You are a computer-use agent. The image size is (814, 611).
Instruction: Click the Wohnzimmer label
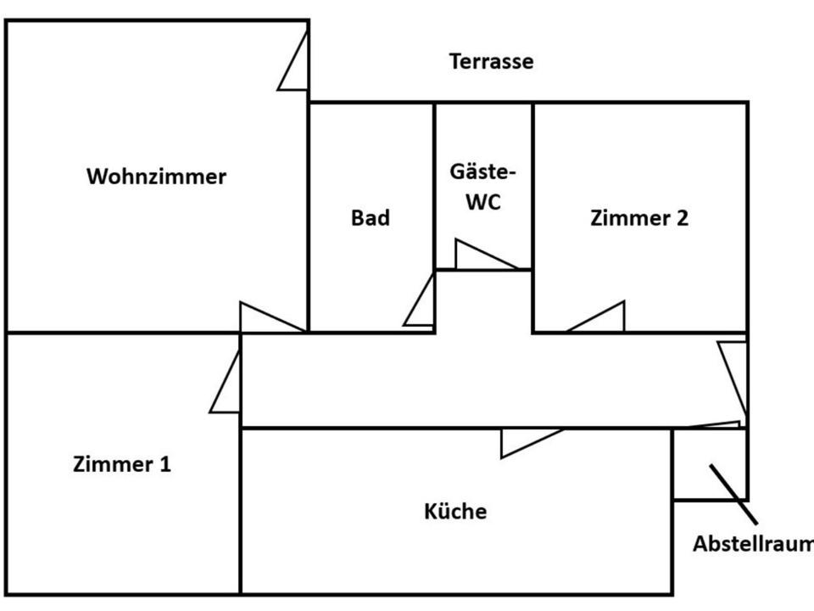point(157,177)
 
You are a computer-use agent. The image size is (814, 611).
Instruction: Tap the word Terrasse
point(491,62)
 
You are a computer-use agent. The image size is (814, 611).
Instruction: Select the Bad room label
point(371,218)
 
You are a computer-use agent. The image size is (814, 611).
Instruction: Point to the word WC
point(482,205)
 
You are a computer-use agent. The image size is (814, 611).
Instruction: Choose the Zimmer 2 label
point(639,218)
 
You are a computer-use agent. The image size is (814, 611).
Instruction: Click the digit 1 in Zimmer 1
point(165,464)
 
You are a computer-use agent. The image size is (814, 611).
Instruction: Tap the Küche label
point(455,512)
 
